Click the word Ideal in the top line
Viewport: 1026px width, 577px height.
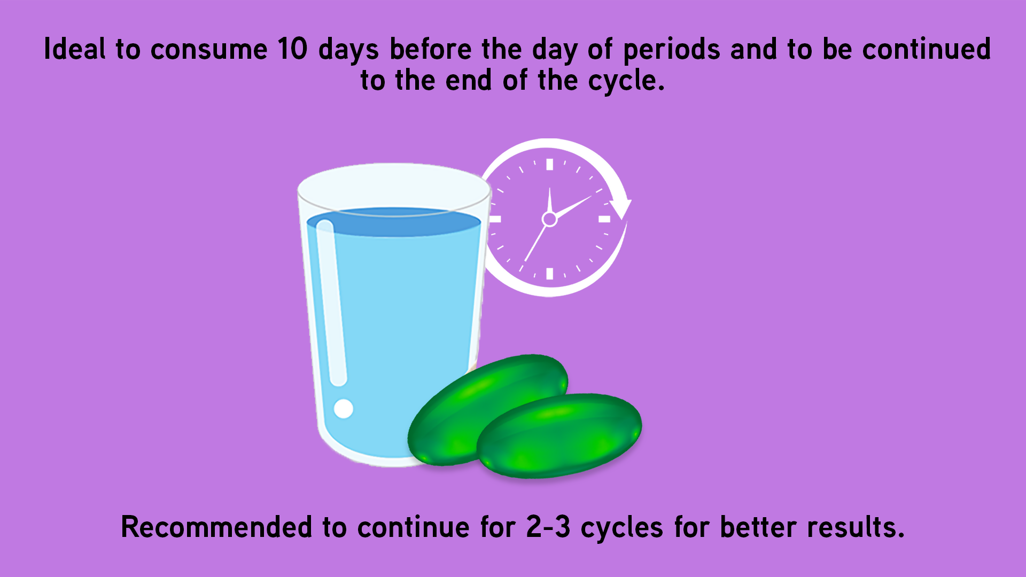(75, 49)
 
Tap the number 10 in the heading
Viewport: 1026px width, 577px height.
(292, 49)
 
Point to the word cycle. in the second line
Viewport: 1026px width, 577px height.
(626, 81)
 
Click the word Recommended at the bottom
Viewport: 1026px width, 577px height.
(216, 527)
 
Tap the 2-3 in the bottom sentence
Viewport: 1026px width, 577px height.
(548, 527)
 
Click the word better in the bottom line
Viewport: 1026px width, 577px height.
(758, 527)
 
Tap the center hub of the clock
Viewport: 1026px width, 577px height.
(549, 219)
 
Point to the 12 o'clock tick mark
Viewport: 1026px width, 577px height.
(549, 165)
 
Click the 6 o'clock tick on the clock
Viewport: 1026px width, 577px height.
(549, 274)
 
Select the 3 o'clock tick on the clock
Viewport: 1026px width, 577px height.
(604, 219)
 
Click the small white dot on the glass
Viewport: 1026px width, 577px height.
(344, 409)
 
